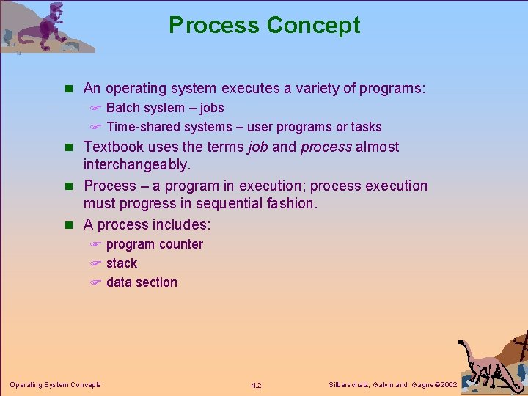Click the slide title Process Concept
[x=264, y=25]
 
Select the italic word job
[x=257, y=147]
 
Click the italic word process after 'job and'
[x=326, y=147]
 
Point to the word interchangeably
[x=136, y=166]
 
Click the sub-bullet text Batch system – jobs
[x=165, y=108]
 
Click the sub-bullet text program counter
[x=155, y=244]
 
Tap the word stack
[x=122, y=263]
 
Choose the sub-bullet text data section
[x=142, y=282]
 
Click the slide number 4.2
[x=256, y=385]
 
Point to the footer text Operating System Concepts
[x=55, y=384]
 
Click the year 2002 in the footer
[x=447, y=385]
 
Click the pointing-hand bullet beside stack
[x=95, y=263]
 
